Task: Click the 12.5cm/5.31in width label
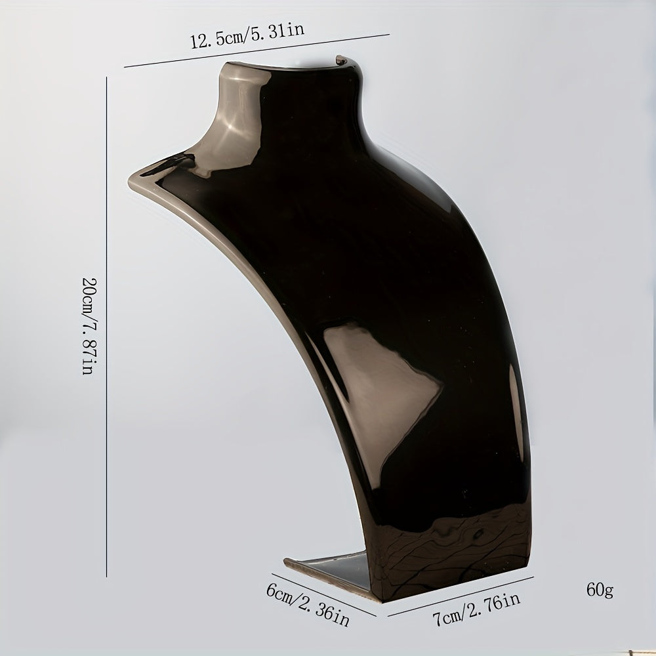tap(247, 35)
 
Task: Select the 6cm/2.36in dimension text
tap(308, 605)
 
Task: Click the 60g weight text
tap(600, 590)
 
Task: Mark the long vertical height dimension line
tap(107, 327)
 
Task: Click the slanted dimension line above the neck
tap(257, 51)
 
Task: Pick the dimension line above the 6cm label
tap(323, 594)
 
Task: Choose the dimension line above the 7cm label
tap(461, 596)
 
